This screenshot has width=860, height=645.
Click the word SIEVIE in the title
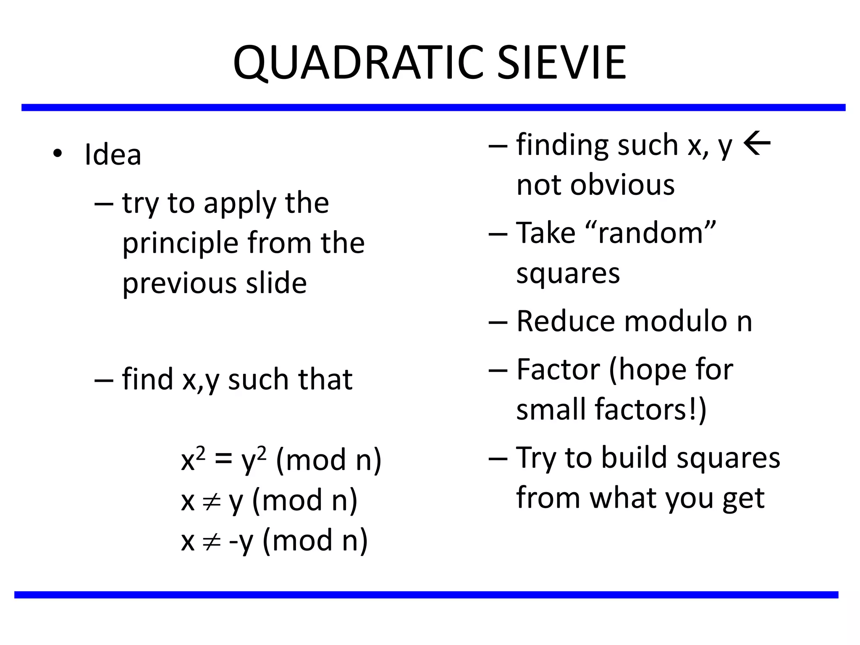(x=561, y=63)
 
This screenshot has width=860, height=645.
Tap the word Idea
(x=113, y=155)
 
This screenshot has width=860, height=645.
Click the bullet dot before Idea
(x=58, y=154)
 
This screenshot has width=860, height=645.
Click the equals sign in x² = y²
(x=223, y=459)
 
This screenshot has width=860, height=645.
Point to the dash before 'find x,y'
(x=104, y=380)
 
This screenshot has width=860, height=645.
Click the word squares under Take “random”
(x=568, y=274)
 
